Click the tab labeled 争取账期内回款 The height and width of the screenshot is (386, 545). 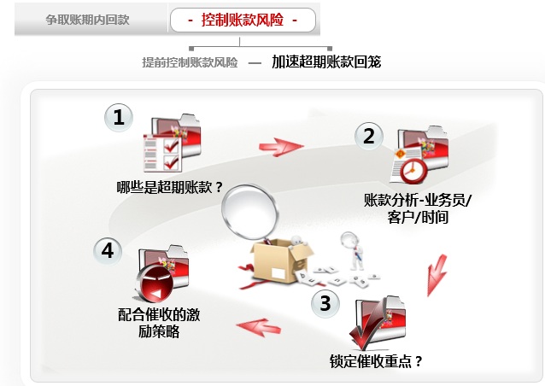click(x=87, y=20)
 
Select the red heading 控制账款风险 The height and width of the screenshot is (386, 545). click(x=243, y=20)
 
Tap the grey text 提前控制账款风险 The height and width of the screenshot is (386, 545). click(x=190, y=62)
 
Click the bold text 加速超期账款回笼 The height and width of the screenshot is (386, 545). click(x=326, y=61)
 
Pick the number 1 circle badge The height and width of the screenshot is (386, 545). click(x=119, y=118)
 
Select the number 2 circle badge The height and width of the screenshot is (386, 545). click(x=369, y=136)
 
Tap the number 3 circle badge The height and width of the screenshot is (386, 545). click(x=325, y=303)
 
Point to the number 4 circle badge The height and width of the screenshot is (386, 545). click(x=108, y=250)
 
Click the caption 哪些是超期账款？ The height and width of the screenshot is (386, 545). click(x=170, y=188)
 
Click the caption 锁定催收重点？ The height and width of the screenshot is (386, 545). click(x=376, y=361)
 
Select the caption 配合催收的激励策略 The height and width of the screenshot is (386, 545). click(x=159, y=323)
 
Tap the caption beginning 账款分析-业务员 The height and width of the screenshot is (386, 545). click(x=418, y=208)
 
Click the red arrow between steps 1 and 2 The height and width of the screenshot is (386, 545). click(x=281, y=147)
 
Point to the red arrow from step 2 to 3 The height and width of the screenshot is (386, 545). click(x=437, y=275)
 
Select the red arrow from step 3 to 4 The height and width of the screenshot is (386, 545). click(x=258, y=328)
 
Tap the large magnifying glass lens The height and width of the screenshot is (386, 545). click(x=249, y=212)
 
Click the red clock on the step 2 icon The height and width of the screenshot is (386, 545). click(x=413, y=171)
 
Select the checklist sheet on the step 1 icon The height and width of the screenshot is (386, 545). click(x=162, y=153)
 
